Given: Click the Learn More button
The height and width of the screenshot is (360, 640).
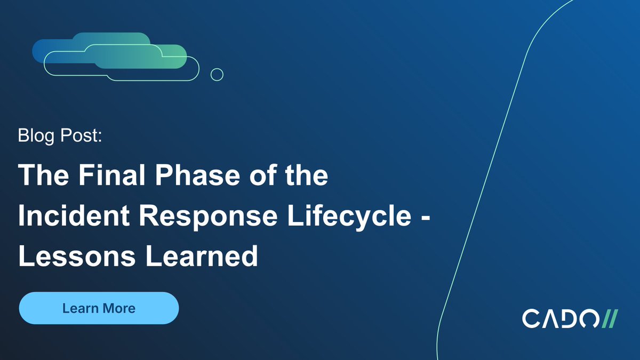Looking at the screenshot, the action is pyautogui.click(x=99, y=308).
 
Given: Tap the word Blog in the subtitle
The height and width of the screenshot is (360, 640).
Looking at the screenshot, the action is pyautogui.click(x=36, y=136).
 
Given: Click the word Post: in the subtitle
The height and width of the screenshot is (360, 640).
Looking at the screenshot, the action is pyautogui.click(x=81, y=135).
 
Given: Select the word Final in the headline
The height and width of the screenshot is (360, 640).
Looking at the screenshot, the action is pyautogui.click(x=111, y=175).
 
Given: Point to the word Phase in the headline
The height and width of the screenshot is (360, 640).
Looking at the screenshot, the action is pyautogui.click(x=197, y=175).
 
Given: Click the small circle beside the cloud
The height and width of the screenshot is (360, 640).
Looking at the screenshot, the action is pyautogui.click(x=217, y=75).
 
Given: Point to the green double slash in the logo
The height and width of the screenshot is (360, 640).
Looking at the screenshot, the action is pyautogui.click(x=610, y=318).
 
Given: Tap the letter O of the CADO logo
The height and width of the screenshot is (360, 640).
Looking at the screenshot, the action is pyautogui.click(x=589, y=318).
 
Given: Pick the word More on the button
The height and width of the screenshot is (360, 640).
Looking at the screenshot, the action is pyautogui.click(x=119, y=308).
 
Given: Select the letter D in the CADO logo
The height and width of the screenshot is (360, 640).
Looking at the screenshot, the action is pyautogui.click(x=569, y=318).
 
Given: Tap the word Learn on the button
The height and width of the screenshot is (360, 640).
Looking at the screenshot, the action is pyautogui.click(x=81, y=308).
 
